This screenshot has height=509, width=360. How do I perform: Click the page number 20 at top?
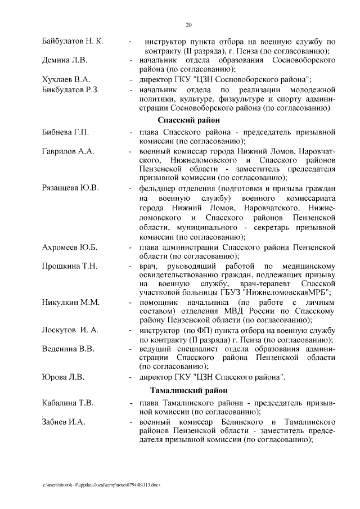(x=188, y=25)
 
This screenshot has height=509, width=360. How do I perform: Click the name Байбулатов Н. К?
(x=73, y=42)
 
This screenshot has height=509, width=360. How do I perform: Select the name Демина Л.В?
(x=65, y=60)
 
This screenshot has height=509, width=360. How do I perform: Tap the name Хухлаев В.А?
(x=66, y=79)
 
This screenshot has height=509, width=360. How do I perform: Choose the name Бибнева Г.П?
(x=66, y=132)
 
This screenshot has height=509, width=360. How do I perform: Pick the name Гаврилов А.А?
(x=68, y=151)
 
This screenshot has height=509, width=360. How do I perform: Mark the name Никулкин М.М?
(x=70, y=303)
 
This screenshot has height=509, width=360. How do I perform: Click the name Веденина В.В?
(x=68, y=349)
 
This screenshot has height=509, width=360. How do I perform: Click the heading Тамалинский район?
(x=188, y=391)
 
